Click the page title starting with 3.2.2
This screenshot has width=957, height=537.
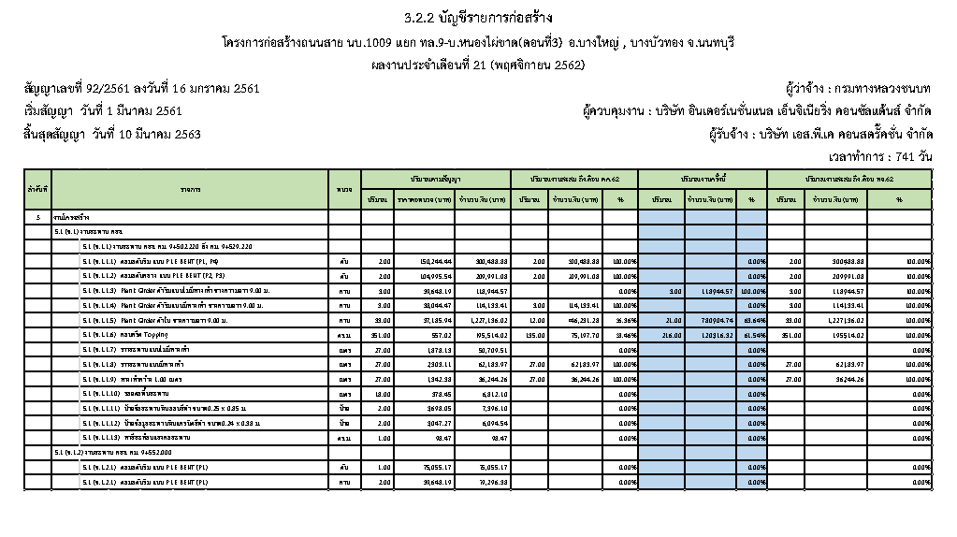tap(478, 18)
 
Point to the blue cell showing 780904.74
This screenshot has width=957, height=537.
tap(709, 320)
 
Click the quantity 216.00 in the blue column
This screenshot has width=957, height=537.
tap(660, 334)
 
